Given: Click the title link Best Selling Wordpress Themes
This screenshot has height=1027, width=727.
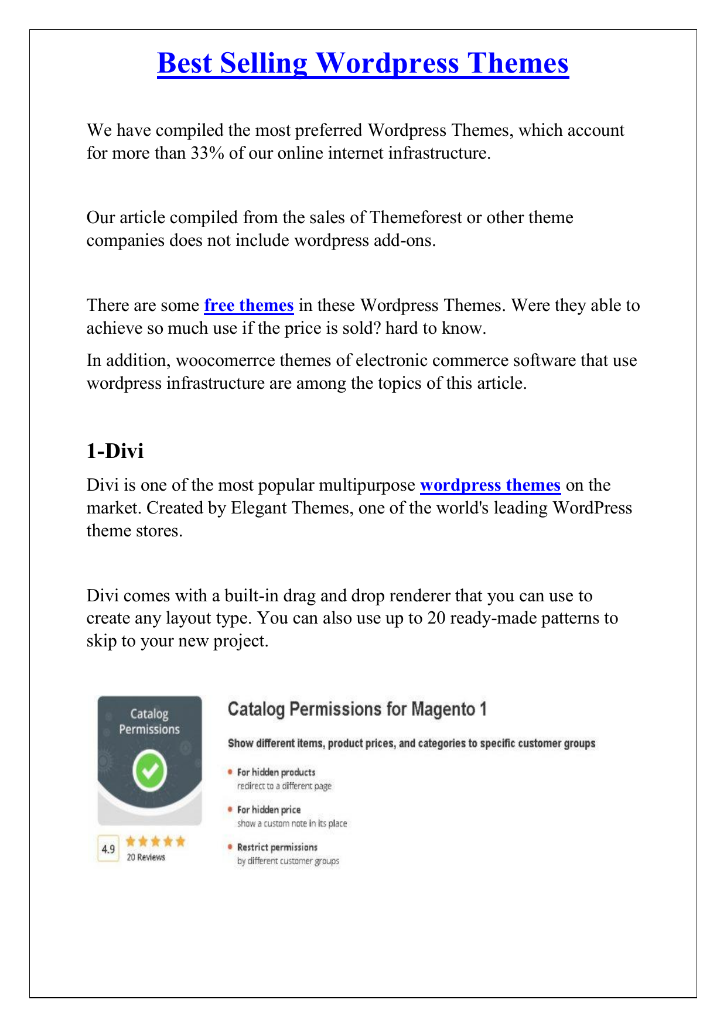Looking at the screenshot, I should (363, 64).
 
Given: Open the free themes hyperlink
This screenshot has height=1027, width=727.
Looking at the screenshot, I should (248, 306).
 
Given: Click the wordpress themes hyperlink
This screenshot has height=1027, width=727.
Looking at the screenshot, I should (490, 485).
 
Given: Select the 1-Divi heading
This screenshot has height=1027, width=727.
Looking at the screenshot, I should (115, 451).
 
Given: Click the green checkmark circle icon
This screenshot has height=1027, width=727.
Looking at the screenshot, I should (150, 771).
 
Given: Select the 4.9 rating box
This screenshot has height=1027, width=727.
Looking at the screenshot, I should (108, 849).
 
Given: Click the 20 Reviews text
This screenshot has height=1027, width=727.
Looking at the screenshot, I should (146, 857).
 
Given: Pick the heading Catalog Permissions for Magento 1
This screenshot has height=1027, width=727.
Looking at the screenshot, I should (357, 710).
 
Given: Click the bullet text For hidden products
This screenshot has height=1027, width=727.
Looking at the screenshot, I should (276, 772).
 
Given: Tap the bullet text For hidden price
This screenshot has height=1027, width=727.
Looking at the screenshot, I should (268, 810).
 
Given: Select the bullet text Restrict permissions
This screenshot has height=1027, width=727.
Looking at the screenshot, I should (277, 847).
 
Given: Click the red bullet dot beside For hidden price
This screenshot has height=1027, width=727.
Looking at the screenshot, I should (230, 809).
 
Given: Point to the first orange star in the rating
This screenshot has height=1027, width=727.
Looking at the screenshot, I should (131, 841).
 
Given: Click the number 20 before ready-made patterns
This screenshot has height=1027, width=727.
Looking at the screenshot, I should (436, 618).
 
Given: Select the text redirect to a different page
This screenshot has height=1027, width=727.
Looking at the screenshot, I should (284, 786).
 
